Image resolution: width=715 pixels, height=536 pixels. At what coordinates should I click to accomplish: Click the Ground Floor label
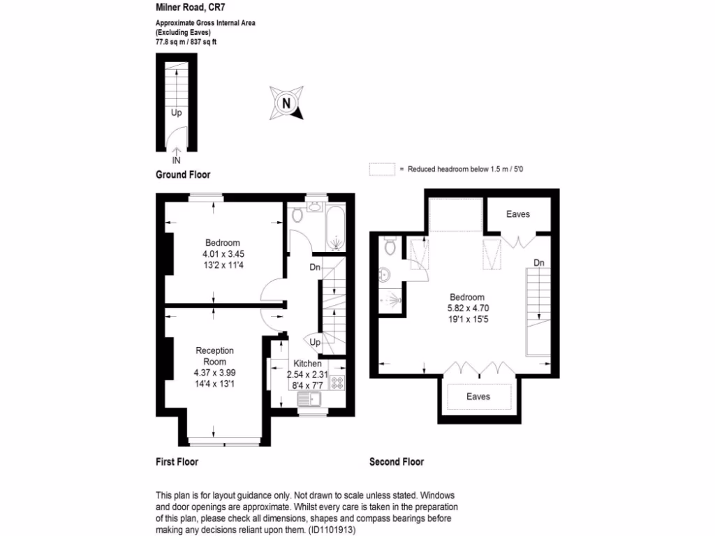pyautogui.click(x=182, y=174)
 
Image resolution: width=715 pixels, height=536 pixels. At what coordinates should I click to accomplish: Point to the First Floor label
pyautogui.click(x=177, y=462)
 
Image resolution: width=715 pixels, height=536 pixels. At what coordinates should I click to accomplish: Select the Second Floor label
pyautogui.click(x=397, y=462)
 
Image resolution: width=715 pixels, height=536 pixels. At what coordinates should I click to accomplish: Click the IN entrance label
pyautogui.click(x=176, y=161)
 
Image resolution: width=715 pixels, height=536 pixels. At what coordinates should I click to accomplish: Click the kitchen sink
pyautogui.click(x=308, y=399)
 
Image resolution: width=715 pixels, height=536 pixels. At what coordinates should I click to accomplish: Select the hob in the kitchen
pyautogui.click(x=338, y=382)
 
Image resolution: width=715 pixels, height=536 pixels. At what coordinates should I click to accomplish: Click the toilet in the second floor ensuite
pyautogui.click(x=390, y=246)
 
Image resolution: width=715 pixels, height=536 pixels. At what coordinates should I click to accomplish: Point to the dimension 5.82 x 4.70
pyautogui.click(x=466, y=307)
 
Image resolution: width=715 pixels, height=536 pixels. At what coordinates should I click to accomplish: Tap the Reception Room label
pyautogui.click(x=214, y=356)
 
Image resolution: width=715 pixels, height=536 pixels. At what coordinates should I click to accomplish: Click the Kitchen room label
pyautogui.click(x=307, y=364)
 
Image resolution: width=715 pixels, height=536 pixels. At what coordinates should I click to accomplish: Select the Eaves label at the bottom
pyautogui.click(x=478, y=396)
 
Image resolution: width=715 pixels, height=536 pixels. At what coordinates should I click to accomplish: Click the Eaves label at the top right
pyautogui.click(x=517, y=214)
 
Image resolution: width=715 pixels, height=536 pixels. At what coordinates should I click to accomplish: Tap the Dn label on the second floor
pyautogui.click(x=538, y=263)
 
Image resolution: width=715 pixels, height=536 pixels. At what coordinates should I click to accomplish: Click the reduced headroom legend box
pyautogui.click(x=381, y=170)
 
